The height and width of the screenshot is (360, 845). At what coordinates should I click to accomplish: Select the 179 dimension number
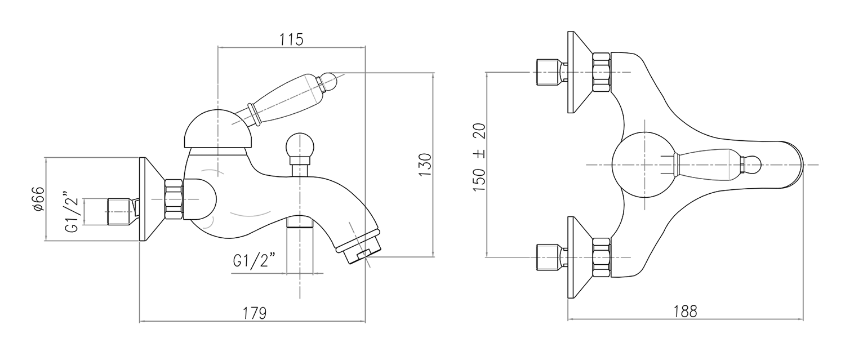[x=254, y=312]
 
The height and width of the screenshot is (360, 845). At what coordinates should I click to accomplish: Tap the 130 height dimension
[x=425, y=165]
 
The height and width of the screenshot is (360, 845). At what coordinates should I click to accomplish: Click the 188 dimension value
[x=686, y=310]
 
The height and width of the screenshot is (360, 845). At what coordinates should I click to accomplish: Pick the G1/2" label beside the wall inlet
[x=70, y=211]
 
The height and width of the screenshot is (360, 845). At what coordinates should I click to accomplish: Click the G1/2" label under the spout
[x=253, y=261]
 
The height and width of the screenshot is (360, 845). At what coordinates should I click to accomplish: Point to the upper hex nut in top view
[x=601, y=72]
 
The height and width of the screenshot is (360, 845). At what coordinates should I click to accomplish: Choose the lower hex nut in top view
[x=601, y=256]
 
